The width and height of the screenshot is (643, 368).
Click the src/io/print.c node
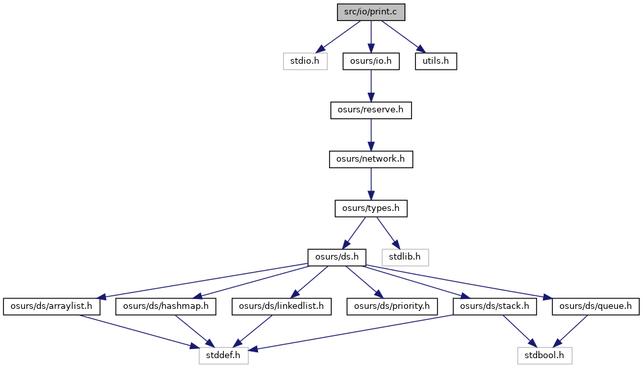click(371, 12)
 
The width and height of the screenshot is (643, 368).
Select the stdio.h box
click(305, 61)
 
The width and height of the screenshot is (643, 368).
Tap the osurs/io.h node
click(371, 61)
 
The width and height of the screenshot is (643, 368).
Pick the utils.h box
click(436, 61)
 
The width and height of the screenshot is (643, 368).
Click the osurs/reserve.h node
click(371, 110)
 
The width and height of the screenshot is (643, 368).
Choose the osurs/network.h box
click(371, 159)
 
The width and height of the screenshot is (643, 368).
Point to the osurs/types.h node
click(371, 208)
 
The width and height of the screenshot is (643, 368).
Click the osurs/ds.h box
click(337, 258)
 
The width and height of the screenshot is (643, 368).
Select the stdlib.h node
click(405, 258)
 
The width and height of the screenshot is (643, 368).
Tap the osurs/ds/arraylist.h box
click(52, 307)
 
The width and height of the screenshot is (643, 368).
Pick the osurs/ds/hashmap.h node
click(166, 307)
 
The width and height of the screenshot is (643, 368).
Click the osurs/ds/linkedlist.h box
click(281, 307)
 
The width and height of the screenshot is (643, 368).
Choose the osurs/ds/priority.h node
click(392, 307)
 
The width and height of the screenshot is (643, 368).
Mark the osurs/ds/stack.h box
click(495, 307)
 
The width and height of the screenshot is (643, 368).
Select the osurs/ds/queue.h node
click(596, 307)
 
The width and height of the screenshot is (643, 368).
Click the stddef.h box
click(224, 356)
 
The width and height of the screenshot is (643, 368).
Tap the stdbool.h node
click(544, 356)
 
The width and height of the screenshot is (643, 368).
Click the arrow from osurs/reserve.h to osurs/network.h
click(371, 135)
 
